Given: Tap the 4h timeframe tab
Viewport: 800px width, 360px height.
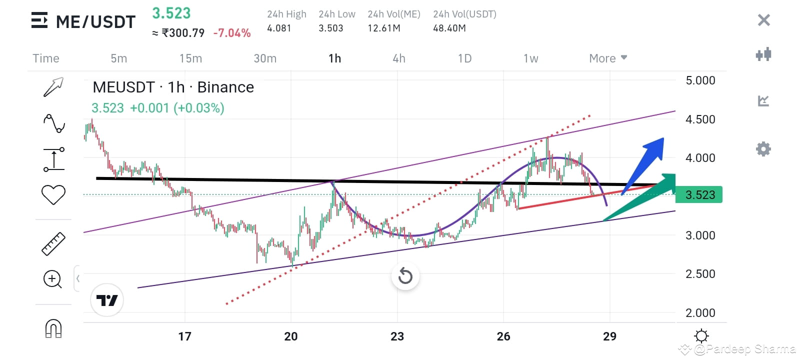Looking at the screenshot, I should click(x=398, y=58).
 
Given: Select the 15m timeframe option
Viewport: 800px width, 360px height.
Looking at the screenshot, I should click(x=190, y=58).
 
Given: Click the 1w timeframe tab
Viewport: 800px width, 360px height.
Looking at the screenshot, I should click(x=530, y=58).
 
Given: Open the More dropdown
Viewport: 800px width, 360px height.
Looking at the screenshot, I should click(x=607, y=58).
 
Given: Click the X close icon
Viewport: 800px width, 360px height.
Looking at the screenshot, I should click(x=763, y=20).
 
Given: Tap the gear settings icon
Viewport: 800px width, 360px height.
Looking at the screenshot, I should click(x=763, y=149).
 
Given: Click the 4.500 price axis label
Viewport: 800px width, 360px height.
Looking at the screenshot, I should click(x=700, y=119).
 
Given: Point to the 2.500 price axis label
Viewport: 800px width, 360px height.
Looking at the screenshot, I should click(x=700, y=274).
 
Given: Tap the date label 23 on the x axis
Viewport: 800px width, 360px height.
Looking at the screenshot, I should click(x=397, y=336).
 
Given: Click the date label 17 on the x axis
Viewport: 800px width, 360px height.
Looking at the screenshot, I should click(x=184, y=336).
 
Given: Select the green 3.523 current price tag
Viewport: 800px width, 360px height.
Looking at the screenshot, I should click(x=699, y=195).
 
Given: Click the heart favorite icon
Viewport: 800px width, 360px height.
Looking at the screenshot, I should click(x=53, y=194).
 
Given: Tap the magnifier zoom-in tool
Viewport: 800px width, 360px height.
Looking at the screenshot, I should click(x=52, y=279).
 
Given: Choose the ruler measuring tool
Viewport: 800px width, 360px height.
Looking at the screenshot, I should click(x=53, y=244).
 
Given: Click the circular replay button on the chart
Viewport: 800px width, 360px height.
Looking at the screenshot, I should click(x=405, y=276).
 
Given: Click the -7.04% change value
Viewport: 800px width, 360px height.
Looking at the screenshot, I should click(x=231, y=33).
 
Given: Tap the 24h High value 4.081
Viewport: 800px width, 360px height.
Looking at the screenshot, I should click(x=279, y=28).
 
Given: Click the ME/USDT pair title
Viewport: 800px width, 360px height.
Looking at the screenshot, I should click(x=95, y=22).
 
